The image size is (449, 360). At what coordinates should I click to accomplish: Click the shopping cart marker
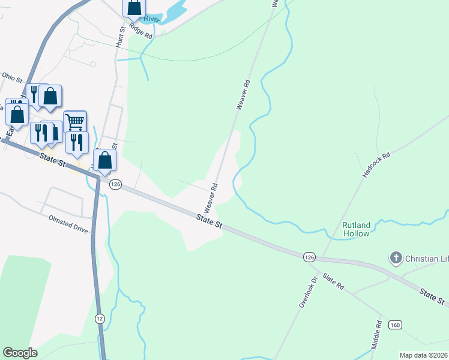pyautogui.click(x=75, y=121)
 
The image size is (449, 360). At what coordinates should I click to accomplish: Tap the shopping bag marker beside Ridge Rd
pyautogui.click(x=134, y=8)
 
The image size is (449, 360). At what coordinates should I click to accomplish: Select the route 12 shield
pyautogui.click(x=99, y=317)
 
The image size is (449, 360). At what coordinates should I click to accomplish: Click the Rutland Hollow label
pyautogui.click(x=356, y=229)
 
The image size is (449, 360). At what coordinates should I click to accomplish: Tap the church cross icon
pyautogui.click(x=396, y=259)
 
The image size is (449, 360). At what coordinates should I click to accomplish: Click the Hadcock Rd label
pyautogui.click(x=376, y=164)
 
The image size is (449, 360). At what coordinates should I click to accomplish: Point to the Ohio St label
pyautogui.click(x=11, y=77)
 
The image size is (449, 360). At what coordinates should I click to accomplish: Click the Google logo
pyautogui.click(x=20, y=353)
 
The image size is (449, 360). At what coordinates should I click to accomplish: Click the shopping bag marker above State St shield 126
pyautogui.click(x=105, y=160)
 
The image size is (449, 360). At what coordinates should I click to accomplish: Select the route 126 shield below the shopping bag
pyautogui.click(x=116, y=184)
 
